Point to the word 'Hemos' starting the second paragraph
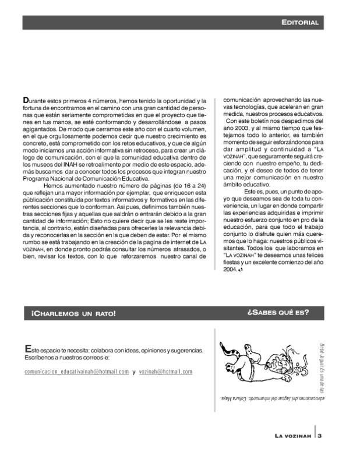54,186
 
